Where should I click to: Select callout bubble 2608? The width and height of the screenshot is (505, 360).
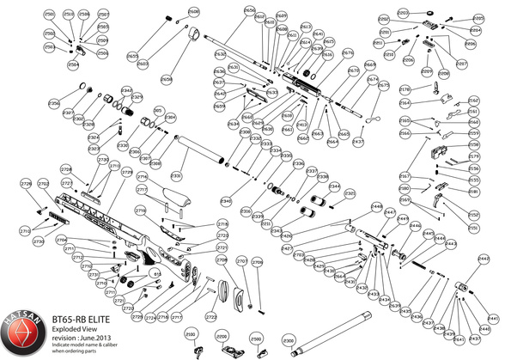coord(193,12)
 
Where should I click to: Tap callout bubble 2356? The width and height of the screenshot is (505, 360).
coord(54,104)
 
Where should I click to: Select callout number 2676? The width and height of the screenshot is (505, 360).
coord(348,53)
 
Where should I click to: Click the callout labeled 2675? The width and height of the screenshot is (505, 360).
coord(384,86)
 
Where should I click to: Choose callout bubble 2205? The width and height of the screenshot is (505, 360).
coord(479,17)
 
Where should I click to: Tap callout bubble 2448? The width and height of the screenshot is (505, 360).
coord(376,207)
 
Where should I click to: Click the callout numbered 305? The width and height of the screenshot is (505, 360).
coord(158,110)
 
